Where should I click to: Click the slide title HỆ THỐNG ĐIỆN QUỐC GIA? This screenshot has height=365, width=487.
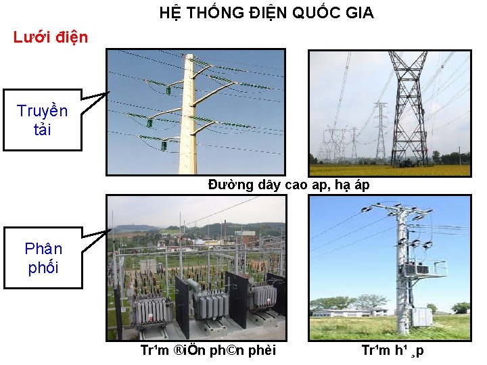(266, 13)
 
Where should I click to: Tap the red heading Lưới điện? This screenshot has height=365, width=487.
(51, 37)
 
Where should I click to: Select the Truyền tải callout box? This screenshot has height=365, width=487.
(42, 120)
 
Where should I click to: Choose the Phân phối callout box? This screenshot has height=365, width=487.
(43, 258)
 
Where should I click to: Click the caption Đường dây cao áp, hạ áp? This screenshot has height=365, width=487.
(289, 185)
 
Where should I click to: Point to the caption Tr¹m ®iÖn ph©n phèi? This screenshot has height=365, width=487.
(208, 351)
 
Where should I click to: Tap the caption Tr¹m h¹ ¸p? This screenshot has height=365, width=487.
(393, 351)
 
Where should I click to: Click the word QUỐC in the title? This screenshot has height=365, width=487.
(317, 13)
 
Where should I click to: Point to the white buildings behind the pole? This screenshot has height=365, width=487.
(352, 312)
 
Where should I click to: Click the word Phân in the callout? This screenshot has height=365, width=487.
(43, 249)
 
